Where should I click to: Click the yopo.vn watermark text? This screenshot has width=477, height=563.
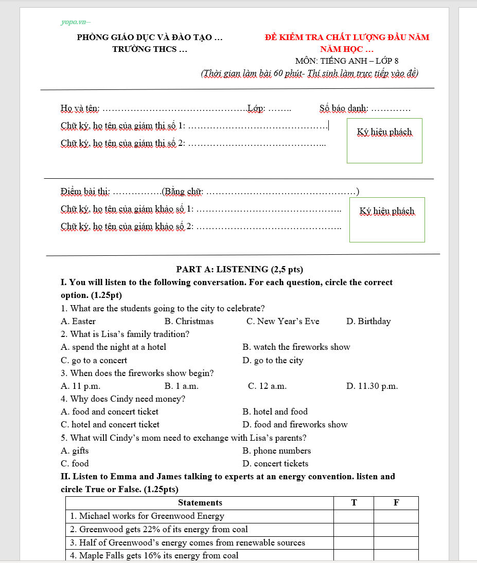(x=75, y=22)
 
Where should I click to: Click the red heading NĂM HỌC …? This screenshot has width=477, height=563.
(x=346, y=49)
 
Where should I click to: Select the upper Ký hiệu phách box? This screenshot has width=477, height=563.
(x=384, y=141)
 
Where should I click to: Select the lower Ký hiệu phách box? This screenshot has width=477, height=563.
(x=387, y=219)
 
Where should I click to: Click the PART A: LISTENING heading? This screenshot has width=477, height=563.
(x=239, y=269)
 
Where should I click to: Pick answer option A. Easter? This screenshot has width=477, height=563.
(x=78, y=322)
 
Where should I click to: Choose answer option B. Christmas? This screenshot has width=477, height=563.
(x=189, y=322)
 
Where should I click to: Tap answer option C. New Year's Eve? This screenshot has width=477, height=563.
(x=282, y=322)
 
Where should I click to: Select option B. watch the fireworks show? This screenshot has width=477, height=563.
(x=296, y=347)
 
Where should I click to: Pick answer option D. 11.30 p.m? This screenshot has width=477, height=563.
(x=372, y=386)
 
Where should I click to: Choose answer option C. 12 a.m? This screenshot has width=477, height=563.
(x=267, y=386)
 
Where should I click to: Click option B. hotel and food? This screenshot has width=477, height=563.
(x=275, y=412)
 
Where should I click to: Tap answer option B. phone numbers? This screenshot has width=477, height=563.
(x=276, y=451)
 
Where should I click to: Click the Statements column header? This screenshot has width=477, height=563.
(x=200, y=503)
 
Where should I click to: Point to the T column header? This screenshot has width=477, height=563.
(x=354, y=503)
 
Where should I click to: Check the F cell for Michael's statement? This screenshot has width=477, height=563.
(x=396, y=516)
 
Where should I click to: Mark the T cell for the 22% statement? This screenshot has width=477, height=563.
(x=354, y=530)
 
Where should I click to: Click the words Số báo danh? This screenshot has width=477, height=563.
(x=343, y=108)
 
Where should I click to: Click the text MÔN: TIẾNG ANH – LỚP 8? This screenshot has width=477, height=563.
(x=347, y=61)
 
